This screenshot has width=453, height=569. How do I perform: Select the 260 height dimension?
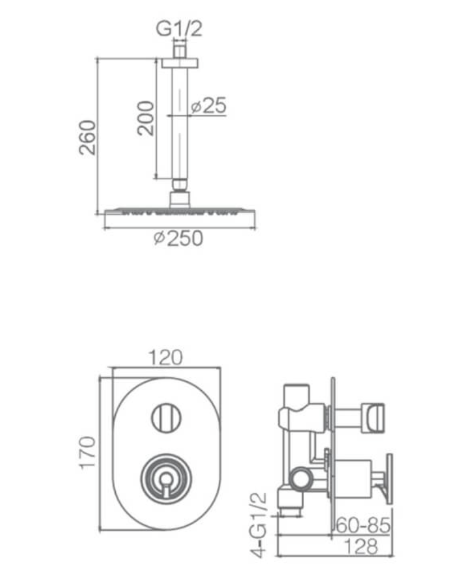88,137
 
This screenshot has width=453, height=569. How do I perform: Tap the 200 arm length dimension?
146,117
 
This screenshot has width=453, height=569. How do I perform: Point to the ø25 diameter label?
208,106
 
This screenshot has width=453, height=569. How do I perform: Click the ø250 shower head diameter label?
178,239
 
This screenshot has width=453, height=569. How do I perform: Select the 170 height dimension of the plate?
88,453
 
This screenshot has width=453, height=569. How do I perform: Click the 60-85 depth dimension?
363,526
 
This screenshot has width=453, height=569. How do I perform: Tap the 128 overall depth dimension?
360,546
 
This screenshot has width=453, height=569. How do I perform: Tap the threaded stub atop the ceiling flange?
179,51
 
